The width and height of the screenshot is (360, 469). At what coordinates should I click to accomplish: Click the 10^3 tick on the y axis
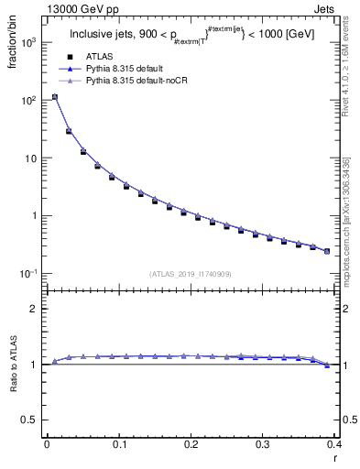click(28, 43)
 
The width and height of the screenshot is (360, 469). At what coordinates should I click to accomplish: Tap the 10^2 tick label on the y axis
click(28, 101)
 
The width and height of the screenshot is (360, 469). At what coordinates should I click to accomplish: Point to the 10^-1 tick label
click(28, 274)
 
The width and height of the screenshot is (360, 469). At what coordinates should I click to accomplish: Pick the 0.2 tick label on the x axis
click(191, 444)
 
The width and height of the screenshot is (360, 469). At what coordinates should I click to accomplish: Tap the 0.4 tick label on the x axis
click(334, 444)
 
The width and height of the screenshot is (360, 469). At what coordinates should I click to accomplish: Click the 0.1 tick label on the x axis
click(118, 444)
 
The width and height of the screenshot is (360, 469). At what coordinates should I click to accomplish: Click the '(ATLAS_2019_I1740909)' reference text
click(191, 273)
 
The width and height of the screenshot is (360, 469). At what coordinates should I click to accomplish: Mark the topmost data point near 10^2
click(54, 97)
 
